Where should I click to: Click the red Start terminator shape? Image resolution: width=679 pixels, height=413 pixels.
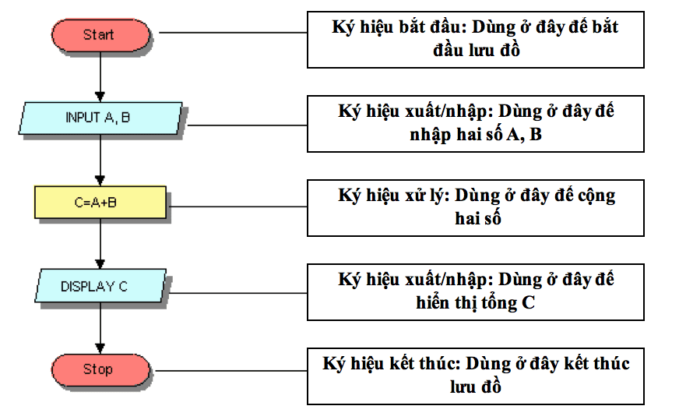100,35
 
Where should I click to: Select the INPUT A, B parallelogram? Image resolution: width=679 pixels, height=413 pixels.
100,118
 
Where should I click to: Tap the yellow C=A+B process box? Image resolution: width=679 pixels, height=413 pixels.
100,203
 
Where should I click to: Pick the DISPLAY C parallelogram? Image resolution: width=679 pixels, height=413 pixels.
100,285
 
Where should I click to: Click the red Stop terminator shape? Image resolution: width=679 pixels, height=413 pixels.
100,370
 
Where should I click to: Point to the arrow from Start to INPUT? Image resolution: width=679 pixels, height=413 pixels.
100,76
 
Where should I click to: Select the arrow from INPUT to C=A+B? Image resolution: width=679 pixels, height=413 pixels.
100,161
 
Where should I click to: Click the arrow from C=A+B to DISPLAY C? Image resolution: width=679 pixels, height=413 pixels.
100,244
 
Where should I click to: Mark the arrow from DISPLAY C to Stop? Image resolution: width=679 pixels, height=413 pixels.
100,328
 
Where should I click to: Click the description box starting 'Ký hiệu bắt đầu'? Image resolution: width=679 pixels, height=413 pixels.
476,40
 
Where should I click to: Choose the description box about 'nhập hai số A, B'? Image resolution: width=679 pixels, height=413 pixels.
476,124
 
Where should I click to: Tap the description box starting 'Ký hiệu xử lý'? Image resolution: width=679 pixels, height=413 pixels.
476,208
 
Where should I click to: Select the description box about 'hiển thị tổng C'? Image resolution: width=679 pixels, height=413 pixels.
476,292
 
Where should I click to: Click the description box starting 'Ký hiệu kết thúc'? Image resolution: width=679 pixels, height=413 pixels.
476,376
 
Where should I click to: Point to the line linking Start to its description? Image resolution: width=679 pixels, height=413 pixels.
233,33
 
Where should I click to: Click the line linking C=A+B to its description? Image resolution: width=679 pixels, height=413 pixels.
238,206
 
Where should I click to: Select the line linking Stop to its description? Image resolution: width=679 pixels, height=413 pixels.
231,371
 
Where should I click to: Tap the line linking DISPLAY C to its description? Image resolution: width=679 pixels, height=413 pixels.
238,294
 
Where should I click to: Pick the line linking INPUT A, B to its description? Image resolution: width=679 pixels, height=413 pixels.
248,125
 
